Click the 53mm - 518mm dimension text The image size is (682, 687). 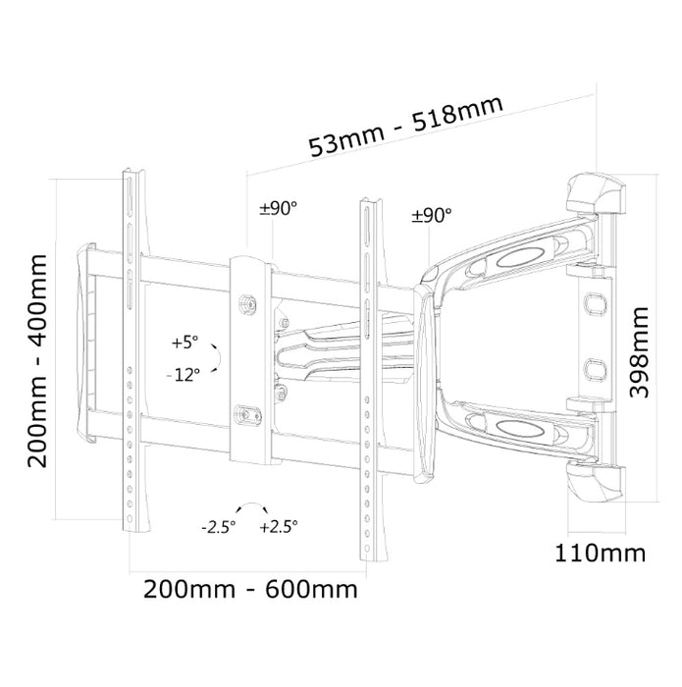(406, 127)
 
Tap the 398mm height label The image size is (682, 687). (638, 352)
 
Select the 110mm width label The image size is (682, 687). (601, 553)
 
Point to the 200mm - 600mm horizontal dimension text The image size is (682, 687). (250, 589)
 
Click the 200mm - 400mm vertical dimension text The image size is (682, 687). (37, 360)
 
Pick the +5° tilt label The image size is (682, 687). (184, 342)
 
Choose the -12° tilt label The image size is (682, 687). (184, 375)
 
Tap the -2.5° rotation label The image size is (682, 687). (219, 527)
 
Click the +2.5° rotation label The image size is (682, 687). (279, 526)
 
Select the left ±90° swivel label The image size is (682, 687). (279, 208)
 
